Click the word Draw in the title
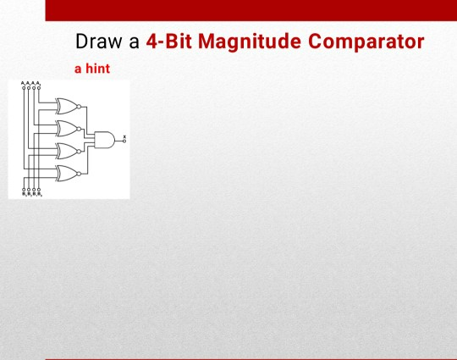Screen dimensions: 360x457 (96, 42)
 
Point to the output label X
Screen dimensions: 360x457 (124, 135)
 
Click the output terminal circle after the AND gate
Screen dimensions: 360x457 (124, 141)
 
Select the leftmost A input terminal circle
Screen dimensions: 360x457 (24, 88)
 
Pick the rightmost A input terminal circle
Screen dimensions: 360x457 (39, 88)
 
